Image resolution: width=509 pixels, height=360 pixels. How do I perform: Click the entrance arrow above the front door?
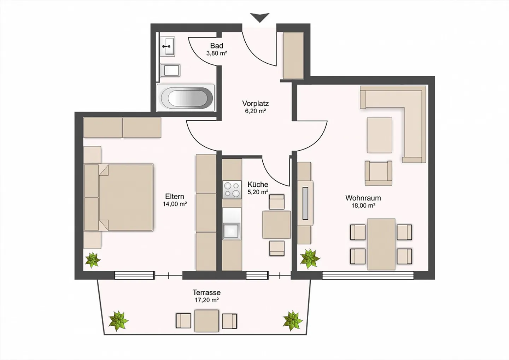point(260,17)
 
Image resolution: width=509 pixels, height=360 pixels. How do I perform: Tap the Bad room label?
point(217,46)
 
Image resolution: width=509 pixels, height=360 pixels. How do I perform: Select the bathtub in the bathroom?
point(186,98)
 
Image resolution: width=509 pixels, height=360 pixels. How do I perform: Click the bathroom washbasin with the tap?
point(167,47)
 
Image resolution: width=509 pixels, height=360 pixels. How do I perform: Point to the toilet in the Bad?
point(170,70)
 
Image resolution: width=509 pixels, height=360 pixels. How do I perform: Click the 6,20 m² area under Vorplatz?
point(256,111)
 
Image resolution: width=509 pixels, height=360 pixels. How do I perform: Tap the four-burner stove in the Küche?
point(232,190)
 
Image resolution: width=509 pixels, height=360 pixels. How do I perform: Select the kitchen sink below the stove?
point(232,231)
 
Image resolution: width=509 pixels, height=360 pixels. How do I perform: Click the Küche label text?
point(258,184)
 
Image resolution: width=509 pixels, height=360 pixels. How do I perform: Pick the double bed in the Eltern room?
point(118,197)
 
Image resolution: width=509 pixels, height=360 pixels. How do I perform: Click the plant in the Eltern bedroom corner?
point(93,260)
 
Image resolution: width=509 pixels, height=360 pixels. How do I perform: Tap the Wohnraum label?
point(363,198)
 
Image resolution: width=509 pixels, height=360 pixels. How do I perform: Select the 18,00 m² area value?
point(363,206)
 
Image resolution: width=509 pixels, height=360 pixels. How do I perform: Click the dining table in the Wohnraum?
point(381,244)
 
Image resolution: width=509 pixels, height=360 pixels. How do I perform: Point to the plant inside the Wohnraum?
point(310,259)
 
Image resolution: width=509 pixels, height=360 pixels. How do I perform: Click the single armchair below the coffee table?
point(379,173)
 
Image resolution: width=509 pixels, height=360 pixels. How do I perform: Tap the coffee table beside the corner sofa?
point(380,135)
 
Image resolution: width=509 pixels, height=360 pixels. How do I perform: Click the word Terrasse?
point(206,292)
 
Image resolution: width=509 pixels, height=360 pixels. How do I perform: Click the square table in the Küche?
point(276,225)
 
